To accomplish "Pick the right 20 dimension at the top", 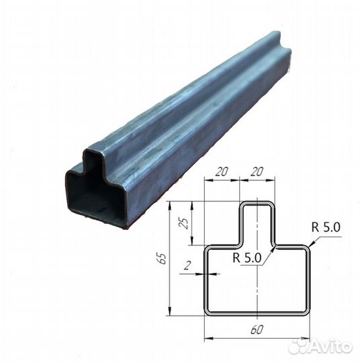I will pyautogui.click(x=256, y=171).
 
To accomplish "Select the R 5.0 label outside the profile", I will pyautogui.click(x=326, y=227).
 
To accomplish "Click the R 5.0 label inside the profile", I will pyautogui.click(x=248, y=257).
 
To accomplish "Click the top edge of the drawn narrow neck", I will pyautogui.click(x=257, y=202).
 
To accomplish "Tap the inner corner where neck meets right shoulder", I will pyautogui.click(x=273, y=245).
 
